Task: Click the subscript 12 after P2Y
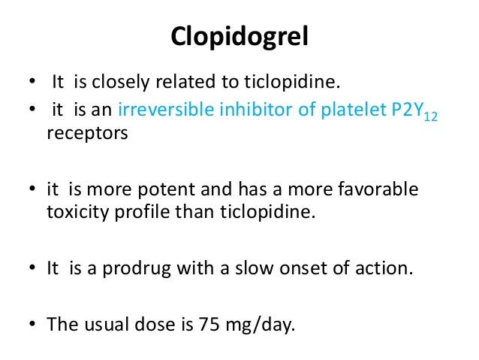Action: tap(429, 117)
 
